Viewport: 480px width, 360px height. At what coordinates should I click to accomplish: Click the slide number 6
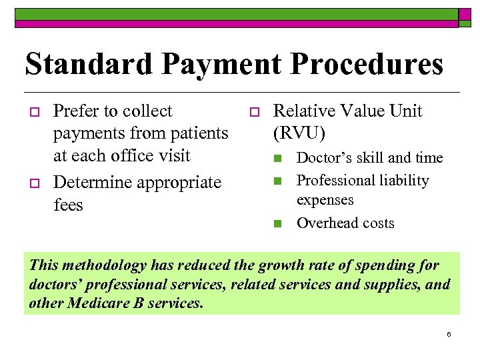[x=449, y=334]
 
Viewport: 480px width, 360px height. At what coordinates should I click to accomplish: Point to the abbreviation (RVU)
[x=299, y=133]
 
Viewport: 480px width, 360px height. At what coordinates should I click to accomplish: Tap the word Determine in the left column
[x=89, y=182]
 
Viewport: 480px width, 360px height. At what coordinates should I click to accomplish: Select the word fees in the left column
[x=67, y=205]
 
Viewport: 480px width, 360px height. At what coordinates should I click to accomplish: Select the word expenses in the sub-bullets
[x=325, y=199]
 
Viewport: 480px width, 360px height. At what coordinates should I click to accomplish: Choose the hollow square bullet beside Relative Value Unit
[x=253, y=111]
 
